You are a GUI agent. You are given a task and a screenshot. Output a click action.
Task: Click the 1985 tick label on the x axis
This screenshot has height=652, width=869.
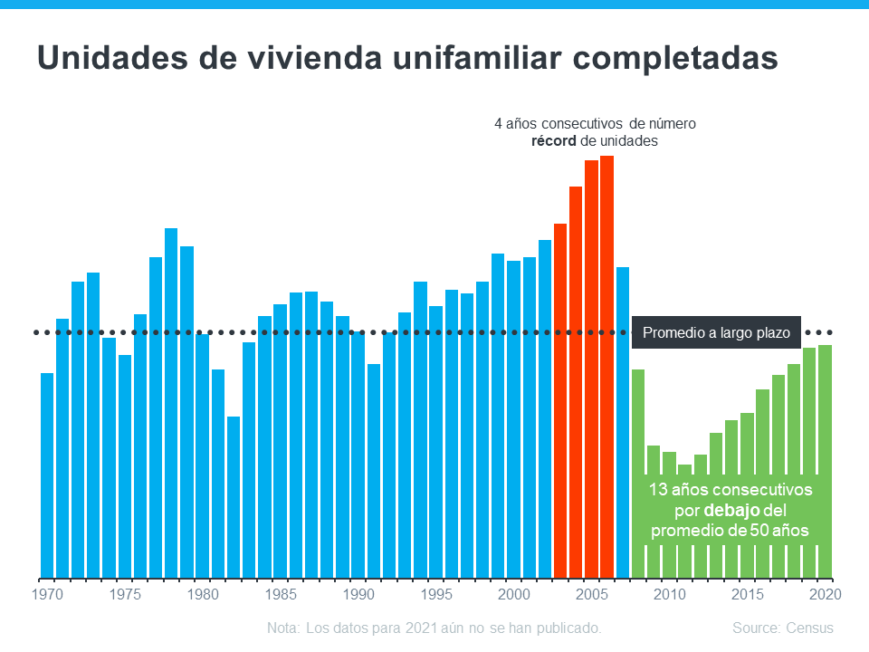tap(282, 595)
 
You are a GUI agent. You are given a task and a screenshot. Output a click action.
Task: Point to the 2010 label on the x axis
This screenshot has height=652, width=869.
tap(670, 595)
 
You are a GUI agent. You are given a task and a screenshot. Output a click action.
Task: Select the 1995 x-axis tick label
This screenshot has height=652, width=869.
tap(437, 595)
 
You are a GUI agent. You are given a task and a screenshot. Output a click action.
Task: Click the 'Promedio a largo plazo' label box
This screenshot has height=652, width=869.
tap(716, 333)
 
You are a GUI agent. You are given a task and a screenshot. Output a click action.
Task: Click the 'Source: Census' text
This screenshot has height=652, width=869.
tap(783, 628)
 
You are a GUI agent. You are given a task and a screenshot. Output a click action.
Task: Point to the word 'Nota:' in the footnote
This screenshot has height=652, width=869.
tap(284, 628)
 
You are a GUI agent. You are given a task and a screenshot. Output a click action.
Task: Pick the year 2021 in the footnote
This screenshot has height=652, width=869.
tap(430, 628)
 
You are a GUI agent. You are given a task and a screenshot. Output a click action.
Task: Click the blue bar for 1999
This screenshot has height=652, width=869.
tap(498, 416)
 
